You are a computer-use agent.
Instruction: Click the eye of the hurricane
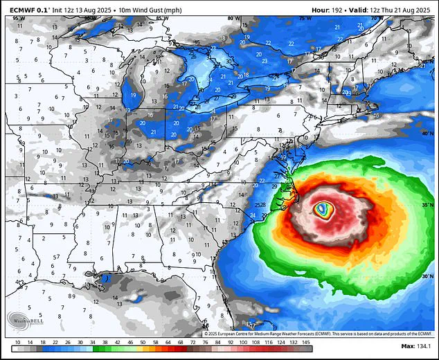(321, 208)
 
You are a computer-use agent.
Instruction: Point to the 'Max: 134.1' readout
(415, 346)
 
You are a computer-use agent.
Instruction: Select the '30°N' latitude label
(425, 276)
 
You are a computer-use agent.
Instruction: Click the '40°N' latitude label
(424, 132)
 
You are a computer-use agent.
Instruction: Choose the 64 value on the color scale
(170, 341)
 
